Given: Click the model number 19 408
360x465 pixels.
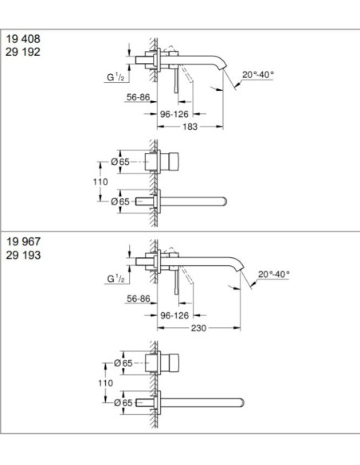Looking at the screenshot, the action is (23, 39).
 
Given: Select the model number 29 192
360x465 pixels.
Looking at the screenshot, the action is (23, 53).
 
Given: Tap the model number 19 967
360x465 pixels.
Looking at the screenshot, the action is (23, 242).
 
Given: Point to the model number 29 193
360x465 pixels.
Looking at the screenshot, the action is (23, 255).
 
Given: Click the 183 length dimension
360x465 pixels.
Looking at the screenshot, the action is (190, 127).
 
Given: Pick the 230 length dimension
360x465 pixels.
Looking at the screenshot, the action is (198, 328).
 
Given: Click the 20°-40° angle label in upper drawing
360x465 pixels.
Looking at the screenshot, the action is (258, 75).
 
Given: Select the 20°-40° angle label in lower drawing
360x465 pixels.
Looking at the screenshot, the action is (273, 274).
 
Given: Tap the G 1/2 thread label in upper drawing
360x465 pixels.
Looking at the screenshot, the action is (116, 77).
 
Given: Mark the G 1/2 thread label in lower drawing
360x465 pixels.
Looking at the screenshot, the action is (116, 279).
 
